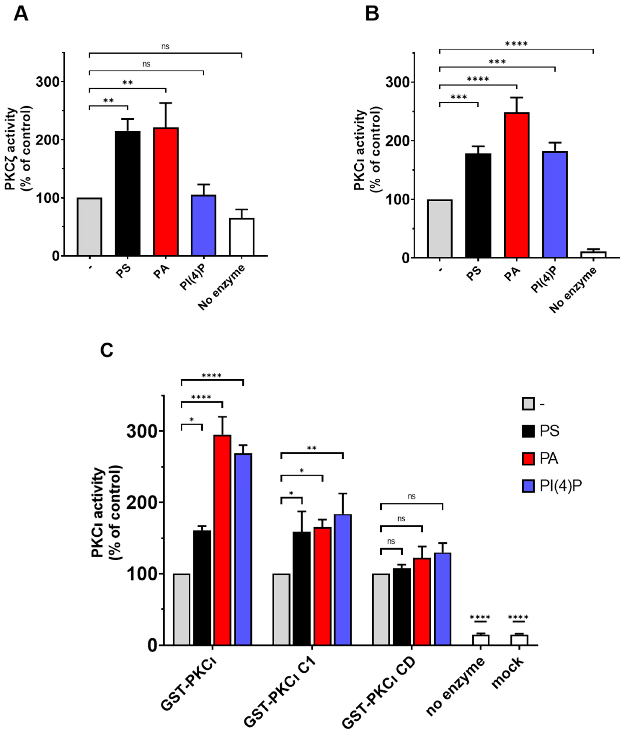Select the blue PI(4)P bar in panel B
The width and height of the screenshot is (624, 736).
pyautogui.click(x=555, y=204)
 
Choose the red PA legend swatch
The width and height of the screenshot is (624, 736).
pyautogui.click(x=528, y=459)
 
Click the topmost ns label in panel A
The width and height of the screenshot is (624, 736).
pyautogui.click(x=165, y=46)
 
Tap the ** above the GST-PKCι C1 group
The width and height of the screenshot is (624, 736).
pyautogui.click(x=311, y=448)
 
